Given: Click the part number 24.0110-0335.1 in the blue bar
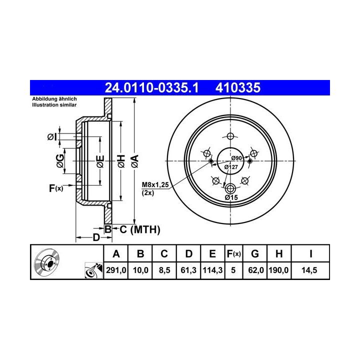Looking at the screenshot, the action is (151, 87).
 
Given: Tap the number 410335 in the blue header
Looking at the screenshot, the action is (238, 87).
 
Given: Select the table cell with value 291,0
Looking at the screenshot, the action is (116, 270).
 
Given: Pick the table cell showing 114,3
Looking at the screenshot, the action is (212, 270).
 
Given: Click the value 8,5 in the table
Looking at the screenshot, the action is (164, 270).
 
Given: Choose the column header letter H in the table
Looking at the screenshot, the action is (279, 253).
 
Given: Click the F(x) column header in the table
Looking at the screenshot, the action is (233, 253).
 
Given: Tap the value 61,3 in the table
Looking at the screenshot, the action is (188, 270).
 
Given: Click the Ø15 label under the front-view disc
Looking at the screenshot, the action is (231, 197).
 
